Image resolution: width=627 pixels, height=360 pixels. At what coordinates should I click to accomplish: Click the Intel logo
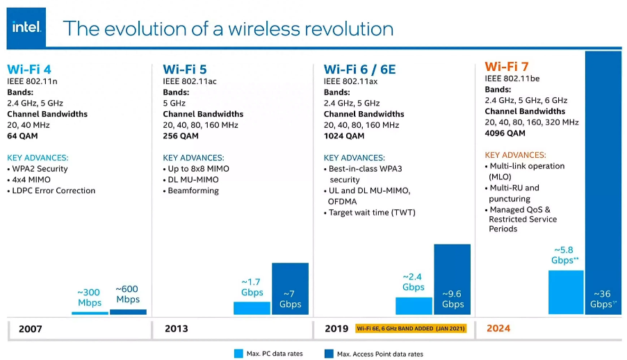(26, 27)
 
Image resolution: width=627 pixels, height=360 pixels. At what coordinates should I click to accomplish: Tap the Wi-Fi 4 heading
(29, 69)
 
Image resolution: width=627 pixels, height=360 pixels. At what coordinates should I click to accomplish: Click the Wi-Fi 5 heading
(185, 69)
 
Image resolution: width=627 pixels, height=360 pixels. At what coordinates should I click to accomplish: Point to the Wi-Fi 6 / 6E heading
(359, 69)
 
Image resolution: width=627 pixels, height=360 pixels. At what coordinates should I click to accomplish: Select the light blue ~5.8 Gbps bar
(566, 292)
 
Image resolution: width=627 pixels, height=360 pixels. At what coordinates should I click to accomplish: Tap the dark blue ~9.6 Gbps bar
(452, 278)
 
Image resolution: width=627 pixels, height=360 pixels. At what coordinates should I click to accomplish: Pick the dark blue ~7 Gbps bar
(290, 288)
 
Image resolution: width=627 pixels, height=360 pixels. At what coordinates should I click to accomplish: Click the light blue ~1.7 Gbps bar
(252, 308)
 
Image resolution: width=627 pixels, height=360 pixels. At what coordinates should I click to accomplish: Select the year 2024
(499, 329)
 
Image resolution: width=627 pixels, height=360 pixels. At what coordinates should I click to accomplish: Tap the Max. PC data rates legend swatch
(238, 354)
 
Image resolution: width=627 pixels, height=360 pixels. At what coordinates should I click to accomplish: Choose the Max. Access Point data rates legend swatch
(329, 354)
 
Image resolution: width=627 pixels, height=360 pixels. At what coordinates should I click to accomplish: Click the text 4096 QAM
(505, 133)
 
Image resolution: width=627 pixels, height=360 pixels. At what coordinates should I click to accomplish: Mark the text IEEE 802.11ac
(190, 81)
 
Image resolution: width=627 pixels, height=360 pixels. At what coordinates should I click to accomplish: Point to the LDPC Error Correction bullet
(54, 190)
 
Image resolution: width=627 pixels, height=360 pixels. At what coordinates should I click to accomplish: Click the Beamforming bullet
(193, 190)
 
